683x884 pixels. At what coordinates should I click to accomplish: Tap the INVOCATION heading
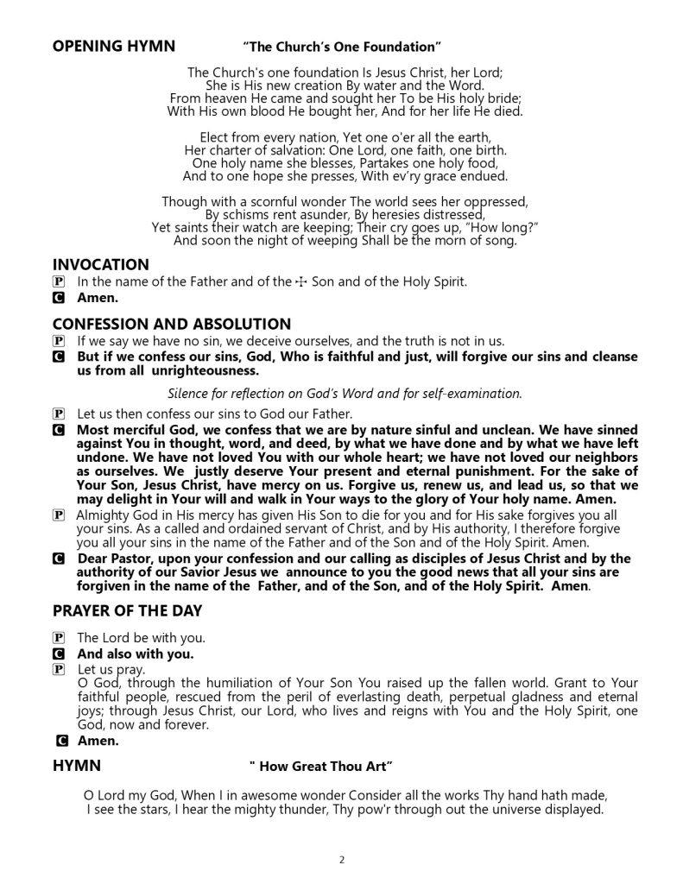tap(100, 264)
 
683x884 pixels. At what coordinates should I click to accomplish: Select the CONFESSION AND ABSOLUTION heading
tap(172, 324)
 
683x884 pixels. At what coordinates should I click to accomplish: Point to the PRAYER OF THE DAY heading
tap(127, 611)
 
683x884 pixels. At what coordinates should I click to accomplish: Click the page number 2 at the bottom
tap(342, 860)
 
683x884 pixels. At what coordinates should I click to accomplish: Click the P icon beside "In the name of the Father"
tap(59, 282)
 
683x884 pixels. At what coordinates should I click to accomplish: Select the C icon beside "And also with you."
tap(59, 654)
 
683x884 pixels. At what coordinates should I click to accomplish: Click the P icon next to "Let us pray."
tap(59, 669)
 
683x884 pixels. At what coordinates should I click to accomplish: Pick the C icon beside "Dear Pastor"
tap(59, 559)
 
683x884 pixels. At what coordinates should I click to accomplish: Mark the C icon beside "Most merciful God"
tap(59, 429)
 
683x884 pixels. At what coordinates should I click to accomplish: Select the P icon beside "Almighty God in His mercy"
tap(59, 515)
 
